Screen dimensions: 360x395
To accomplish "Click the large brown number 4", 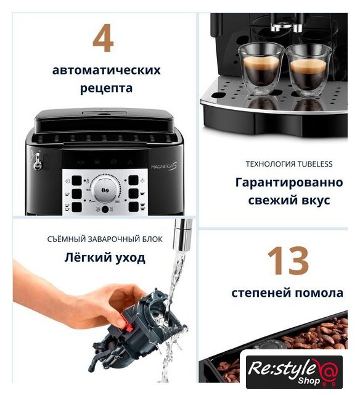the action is point(103,38).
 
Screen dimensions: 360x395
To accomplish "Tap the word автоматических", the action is point(106,70).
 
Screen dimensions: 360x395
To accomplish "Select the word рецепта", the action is point(106,88).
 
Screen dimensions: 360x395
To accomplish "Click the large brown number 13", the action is point(288,260).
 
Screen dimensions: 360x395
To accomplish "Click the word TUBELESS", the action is point(315,164).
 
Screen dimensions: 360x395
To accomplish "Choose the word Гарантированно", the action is point(289,183).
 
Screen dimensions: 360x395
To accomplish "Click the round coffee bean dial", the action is point(104,190).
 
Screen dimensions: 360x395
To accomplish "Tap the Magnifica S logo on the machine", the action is point(164,167).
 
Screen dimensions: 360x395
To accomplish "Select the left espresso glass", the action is point(261,67).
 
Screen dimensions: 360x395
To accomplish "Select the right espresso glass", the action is point(309,70).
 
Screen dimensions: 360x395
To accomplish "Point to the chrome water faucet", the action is point(183,235).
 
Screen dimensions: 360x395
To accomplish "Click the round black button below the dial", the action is point(105,209).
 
